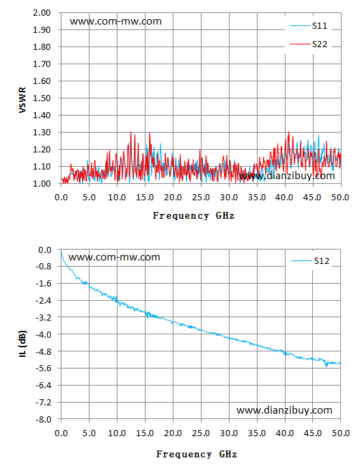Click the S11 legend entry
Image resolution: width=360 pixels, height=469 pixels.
(309, 26)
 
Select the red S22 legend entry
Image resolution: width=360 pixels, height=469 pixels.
(309, 44)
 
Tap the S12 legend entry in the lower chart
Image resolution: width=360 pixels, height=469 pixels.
(310, 261)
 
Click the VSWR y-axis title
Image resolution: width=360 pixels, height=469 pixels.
(23, 100)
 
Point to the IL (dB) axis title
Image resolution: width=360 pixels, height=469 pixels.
(23, 344)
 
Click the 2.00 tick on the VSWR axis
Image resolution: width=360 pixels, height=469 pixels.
(42, 13)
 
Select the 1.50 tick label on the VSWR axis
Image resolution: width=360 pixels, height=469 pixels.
(42, 98)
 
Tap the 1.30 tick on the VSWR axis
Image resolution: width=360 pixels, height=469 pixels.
(42, 132)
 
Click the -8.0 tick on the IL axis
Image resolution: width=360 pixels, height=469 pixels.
(43, 419)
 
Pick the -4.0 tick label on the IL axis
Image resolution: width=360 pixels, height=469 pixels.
(43, 334)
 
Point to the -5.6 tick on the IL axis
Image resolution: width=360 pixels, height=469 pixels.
(43, 368)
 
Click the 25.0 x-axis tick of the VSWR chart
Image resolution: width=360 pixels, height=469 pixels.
(201, 198)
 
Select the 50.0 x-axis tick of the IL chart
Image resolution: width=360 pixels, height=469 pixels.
(341, 433)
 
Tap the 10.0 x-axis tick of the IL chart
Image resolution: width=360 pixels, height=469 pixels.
(117, 433)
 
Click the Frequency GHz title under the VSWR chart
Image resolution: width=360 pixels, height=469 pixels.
(193, 215)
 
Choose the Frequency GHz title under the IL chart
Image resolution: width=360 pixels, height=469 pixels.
(197, 455)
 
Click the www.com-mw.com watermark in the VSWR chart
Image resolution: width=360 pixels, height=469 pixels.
(115, 22)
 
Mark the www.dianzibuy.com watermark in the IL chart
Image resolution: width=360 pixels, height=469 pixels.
(284, 410)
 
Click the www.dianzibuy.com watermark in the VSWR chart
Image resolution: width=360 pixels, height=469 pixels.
(287, 176)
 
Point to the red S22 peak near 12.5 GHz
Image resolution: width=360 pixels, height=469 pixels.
(131, 132)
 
